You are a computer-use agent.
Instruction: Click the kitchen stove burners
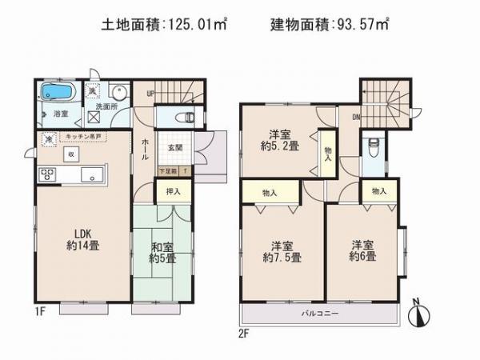coord(45,175)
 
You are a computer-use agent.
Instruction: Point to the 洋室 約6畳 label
coord(363,251)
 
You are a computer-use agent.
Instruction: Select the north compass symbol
coord(417,314)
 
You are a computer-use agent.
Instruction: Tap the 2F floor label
coord(242,328)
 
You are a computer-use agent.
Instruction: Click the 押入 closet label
coord(173,191)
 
